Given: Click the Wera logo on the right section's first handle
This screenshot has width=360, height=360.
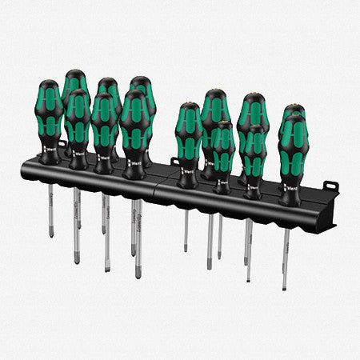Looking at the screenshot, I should point(190,170).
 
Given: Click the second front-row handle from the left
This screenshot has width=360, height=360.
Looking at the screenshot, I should point(78,120).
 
